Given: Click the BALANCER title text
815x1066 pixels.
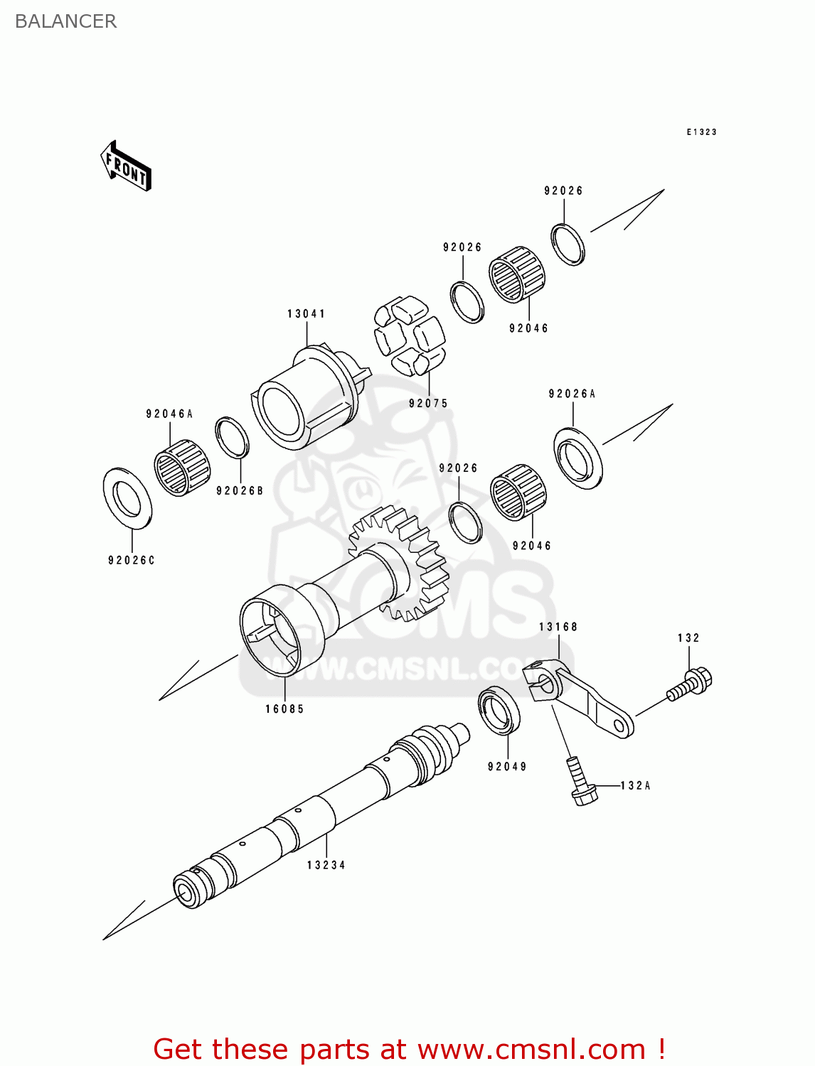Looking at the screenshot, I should [65, 21].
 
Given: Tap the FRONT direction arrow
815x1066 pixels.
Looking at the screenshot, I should [127, 166].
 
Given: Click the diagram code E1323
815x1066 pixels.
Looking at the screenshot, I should [701, 132].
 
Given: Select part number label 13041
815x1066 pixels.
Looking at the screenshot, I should [307, 313].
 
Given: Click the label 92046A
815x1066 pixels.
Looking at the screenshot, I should [169, 414].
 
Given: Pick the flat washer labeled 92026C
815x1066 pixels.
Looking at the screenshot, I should [128, 498].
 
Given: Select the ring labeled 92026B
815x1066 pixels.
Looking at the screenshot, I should [232, 438].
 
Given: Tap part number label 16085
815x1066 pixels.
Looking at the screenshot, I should [284, 709].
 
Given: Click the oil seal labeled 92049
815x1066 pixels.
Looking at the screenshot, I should [499, 709].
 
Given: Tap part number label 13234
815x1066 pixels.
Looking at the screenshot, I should [326, 865].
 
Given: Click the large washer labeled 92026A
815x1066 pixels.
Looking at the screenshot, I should [578, 458].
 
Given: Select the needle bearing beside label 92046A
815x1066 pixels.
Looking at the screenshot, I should [182, 467].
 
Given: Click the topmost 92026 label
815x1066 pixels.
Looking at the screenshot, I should [563, 190].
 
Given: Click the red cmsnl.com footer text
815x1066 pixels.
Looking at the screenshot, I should [409, 1049].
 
